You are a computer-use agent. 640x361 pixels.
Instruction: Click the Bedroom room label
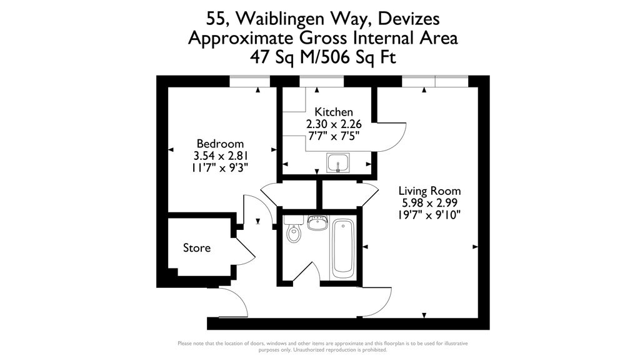tap(220, 144)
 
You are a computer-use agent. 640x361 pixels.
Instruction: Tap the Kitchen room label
tap(334, 112)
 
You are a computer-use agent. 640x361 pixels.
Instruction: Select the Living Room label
tap(429, 191)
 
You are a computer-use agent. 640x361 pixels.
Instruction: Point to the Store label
tap(197, 247)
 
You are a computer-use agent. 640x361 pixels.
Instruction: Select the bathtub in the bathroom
tap(343, 249)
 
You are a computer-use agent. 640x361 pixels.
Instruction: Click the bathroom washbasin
tap(318, 223)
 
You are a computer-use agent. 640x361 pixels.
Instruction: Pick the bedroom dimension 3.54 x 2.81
tap(221, 156)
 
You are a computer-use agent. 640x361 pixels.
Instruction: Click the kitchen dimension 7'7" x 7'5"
tap(334, 136)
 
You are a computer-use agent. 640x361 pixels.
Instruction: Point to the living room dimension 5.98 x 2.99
tap(429, 203)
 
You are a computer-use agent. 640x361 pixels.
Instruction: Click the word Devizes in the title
tap(409, 18)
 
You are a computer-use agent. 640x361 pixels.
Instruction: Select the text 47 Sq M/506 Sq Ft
tap(323, 57)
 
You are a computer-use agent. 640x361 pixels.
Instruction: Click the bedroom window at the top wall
tap(250, 81)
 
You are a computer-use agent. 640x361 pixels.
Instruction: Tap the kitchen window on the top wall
tap(322, 81)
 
